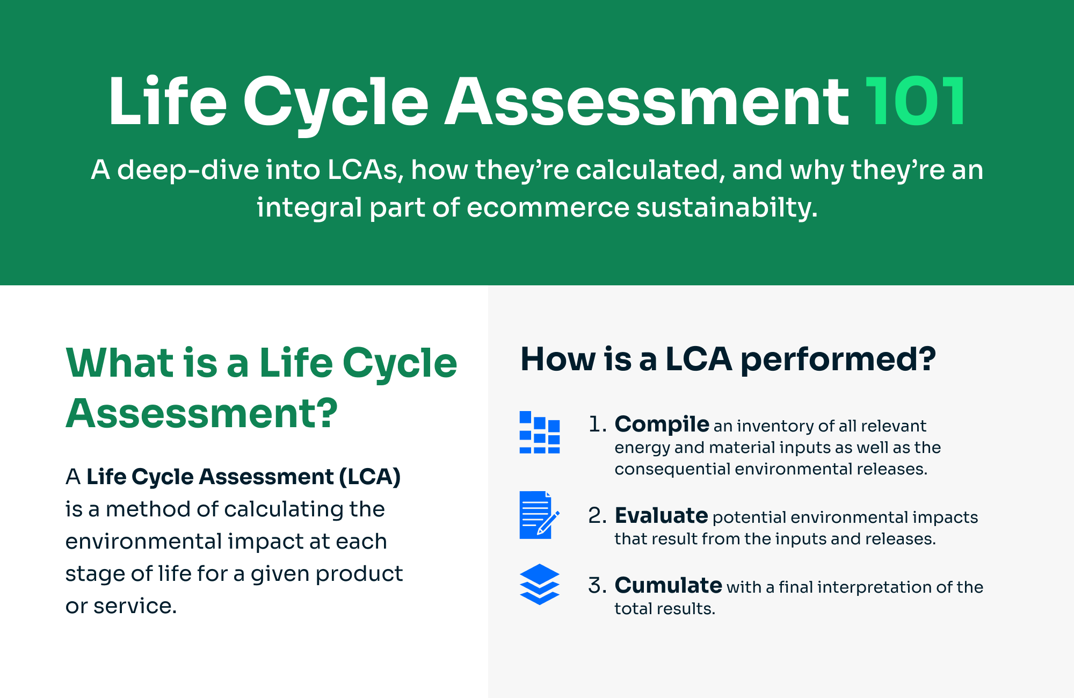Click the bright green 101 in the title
(916, 101)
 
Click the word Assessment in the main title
(647, 101)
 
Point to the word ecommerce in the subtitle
(548, 207)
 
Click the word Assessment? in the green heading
(202, 413)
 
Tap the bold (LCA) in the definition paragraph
(370, 477)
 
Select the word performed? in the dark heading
(838, 359)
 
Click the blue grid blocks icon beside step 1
(540, 432)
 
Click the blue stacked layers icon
(540, 584)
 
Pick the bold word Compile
(662, 424)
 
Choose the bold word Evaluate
(661, 516)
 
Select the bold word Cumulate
(668, 585)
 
